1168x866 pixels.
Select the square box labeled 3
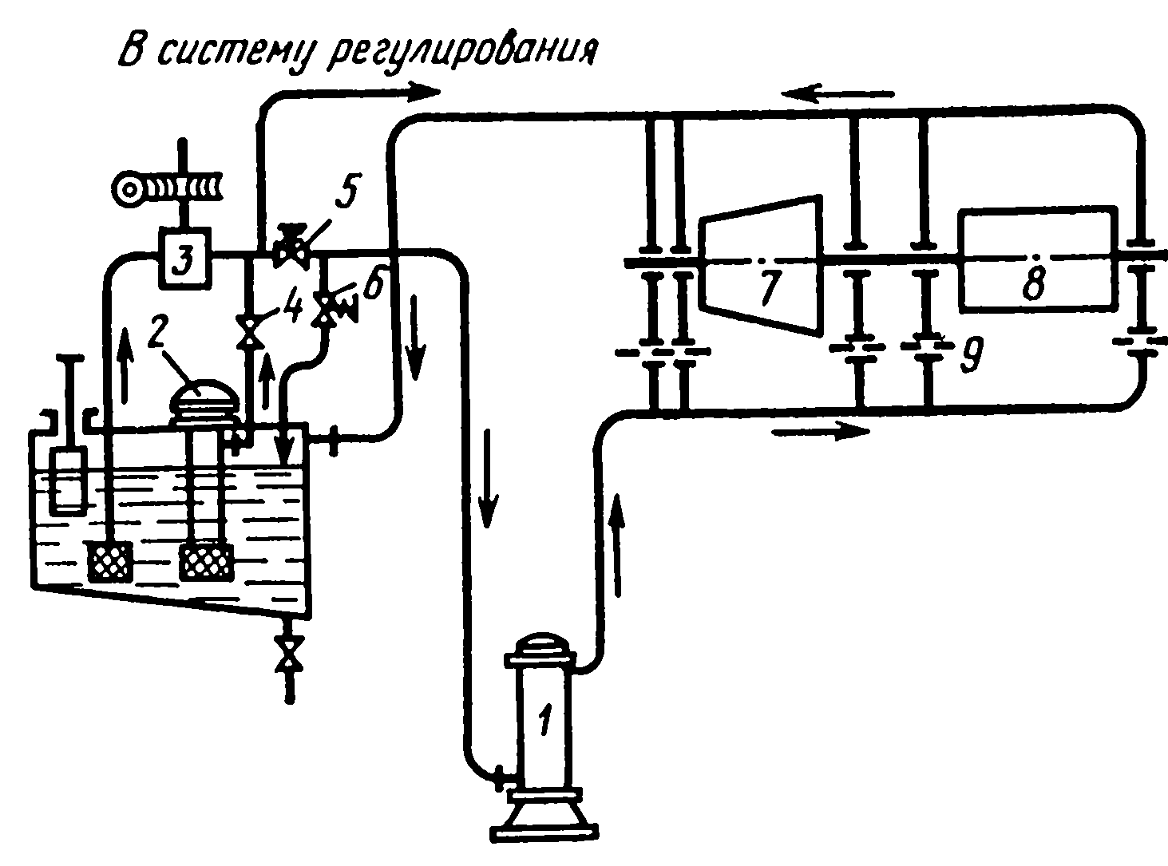tap(183, 259)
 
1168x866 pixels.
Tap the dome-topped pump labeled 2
tap(204, 399)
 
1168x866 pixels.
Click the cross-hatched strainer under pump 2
tap(207, 560)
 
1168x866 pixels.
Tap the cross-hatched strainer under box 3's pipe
tap(109, 560)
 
